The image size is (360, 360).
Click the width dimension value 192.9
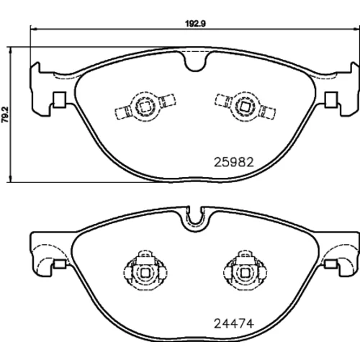click(195, 24)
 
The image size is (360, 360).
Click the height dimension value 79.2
click(5, 114)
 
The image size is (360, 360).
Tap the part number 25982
click(233, 162)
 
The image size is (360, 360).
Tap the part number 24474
click(233, 324)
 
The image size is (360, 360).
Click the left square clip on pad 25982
click(59, 99)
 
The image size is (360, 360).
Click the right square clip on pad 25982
click(331, 99)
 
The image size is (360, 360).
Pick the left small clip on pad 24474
click(60, 264)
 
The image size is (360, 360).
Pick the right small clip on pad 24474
click(330, 264)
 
